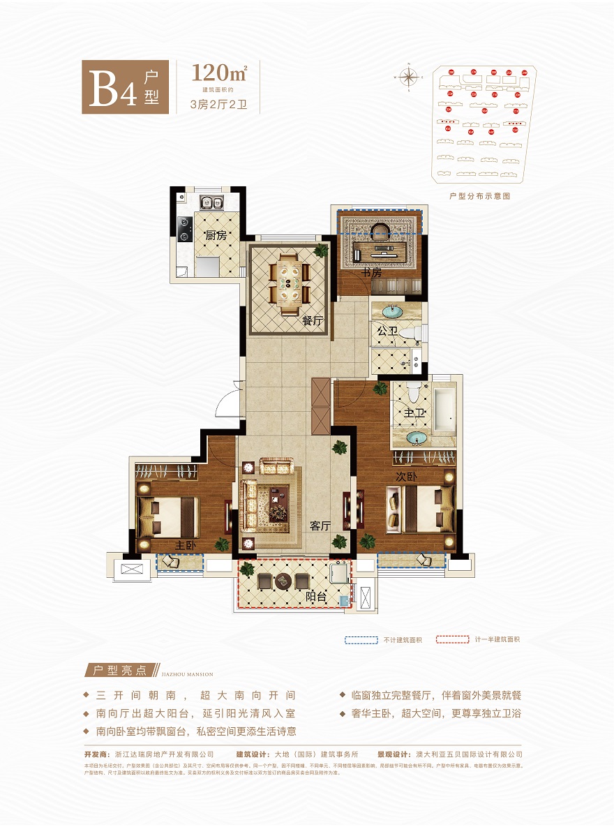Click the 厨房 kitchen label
tap(216, 236)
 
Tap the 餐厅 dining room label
tap(312, 321)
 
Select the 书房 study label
tap(372, 273)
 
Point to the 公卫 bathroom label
tap(387, 331)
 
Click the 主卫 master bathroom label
tap(414, 414)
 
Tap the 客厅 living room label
tap(320, 526)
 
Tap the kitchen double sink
tap(209, 203)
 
